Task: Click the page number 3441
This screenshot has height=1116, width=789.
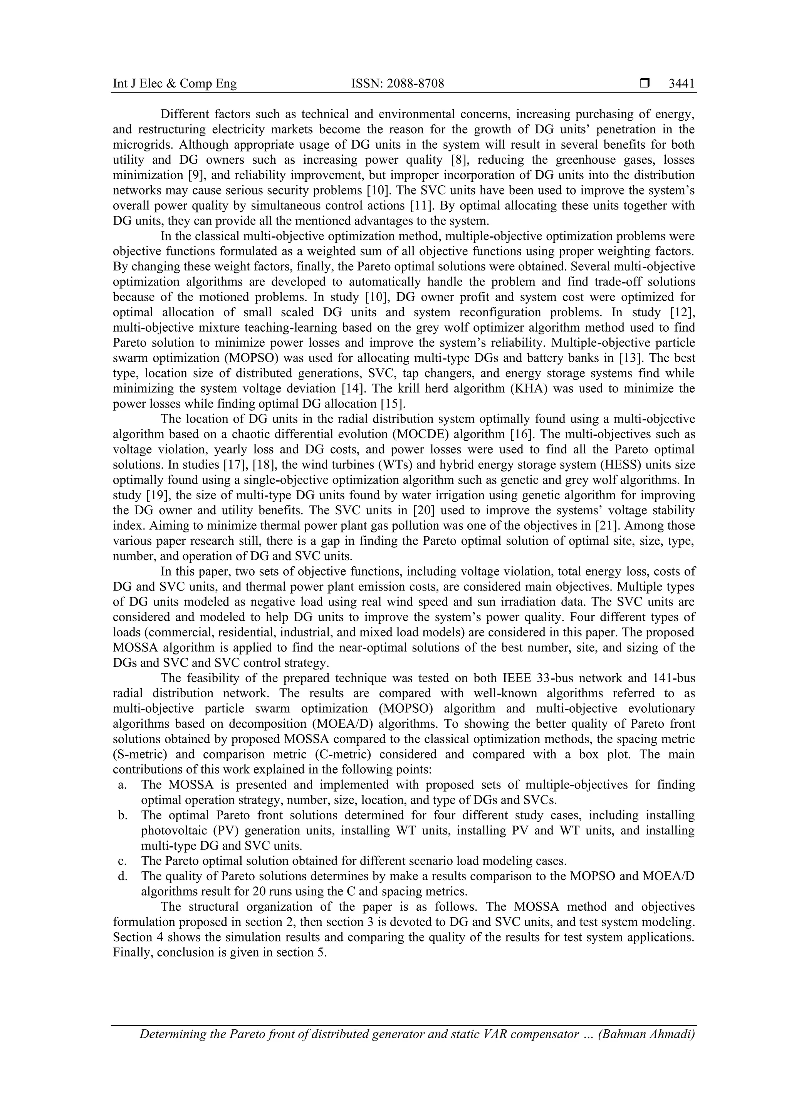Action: (x=682, y=84)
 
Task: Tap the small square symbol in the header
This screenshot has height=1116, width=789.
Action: (x=645, y=84)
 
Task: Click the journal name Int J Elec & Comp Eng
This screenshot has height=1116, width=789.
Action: (x=175, y=84)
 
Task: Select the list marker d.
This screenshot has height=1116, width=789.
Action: (x=123, y=876)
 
